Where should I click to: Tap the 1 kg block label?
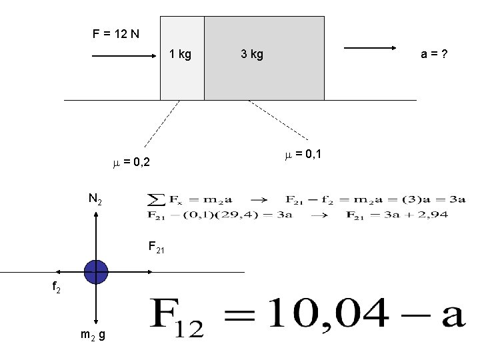click(x=180, y=54)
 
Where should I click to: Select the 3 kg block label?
click(x=252, y=54)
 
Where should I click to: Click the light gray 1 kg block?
click(x=182, y=77)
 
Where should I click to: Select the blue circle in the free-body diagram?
click(x=97, y=271)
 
